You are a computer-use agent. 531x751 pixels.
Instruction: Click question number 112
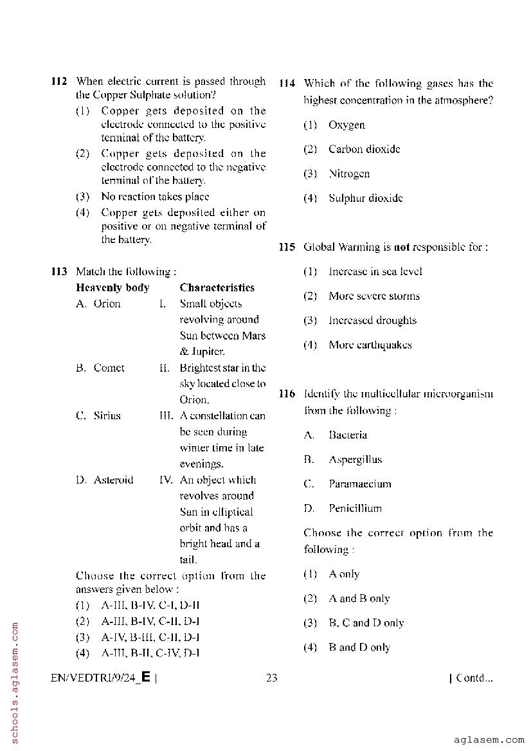point(59,82)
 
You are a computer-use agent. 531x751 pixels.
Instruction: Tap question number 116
point(287,394)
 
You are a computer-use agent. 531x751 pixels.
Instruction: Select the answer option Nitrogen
point(349,174)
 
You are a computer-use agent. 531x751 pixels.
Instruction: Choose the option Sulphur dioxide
point(365,198)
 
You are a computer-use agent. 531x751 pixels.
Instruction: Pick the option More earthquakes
point(370,345)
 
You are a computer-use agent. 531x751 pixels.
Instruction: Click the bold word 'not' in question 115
point(401,247)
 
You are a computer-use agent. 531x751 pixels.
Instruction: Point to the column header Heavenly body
point(113,287)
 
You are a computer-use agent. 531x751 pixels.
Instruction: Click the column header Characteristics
point(217,287)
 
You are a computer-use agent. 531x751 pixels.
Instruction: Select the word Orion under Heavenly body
point(107,303)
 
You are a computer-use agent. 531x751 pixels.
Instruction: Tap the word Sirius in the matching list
point(107,415)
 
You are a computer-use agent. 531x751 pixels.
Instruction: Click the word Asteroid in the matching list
point(113,480)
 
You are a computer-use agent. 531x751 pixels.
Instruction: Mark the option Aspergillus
point(355,459)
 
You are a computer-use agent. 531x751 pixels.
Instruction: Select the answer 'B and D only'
point(359,647)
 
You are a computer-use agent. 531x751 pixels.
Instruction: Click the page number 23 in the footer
point(271,678)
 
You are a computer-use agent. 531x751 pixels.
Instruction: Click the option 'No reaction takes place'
point(155,197)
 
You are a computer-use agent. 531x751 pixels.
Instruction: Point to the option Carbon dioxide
point(364,149)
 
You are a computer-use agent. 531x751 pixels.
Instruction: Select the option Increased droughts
point(372,320)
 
